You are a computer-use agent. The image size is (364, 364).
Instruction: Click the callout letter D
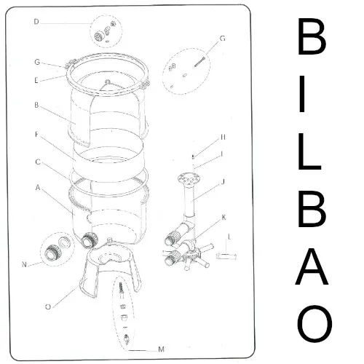coord(36,22)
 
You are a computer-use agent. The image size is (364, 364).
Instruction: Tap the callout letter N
coord(25,264)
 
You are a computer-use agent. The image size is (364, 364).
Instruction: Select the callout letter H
coord(223,137)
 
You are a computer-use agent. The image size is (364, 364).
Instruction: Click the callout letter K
coord(223,217)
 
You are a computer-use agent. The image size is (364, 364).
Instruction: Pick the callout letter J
coord(223,182)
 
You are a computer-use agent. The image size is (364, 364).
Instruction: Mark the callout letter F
coord(36,135)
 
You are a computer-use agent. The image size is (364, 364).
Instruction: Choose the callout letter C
coord(36,162)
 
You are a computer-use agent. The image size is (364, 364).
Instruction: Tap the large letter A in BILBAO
coord(314,268)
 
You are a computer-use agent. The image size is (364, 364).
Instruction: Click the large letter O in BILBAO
coord(314,323)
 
